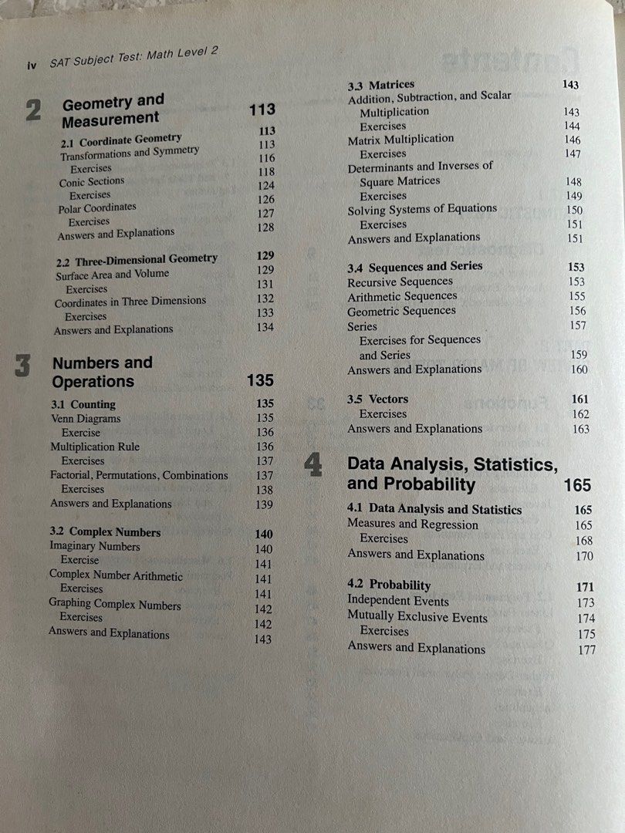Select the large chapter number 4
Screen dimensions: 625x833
click(313, 466)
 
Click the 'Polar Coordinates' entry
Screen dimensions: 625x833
click(97, 207)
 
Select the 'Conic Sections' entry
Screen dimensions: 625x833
click(92, 182)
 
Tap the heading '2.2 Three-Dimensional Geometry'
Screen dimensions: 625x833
click(137, 258)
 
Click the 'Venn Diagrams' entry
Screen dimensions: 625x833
click(86, 419)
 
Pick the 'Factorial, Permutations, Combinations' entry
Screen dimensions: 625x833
click(139, 475)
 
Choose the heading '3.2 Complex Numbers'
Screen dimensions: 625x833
click(105, 532)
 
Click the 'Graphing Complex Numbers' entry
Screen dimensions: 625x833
click(115, 605)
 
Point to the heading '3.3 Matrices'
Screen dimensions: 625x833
click(381, 84)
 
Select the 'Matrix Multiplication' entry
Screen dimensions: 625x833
click(400, 139)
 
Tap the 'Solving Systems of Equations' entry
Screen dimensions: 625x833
click(422, 209)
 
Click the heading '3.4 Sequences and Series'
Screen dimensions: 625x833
click(415, 266)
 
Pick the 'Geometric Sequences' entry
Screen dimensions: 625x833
click(401, 311)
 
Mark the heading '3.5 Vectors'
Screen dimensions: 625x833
click(378, 399)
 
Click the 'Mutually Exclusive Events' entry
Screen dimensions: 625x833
click(417, 617)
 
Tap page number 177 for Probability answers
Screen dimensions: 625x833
click(586, 649)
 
